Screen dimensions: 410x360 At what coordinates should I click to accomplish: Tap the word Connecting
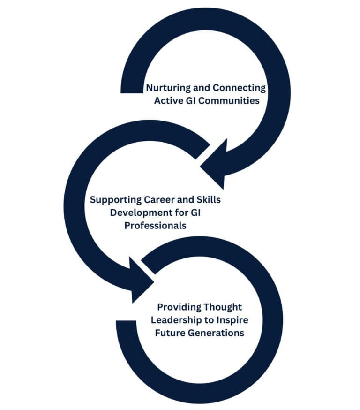point(239,88)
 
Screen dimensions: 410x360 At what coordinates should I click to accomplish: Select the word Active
point(169,101)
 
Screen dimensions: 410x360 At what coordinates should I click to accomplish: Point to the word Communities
point(229,101)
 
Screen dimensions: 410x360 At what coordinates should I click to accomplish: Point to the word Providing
point(179,308)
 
